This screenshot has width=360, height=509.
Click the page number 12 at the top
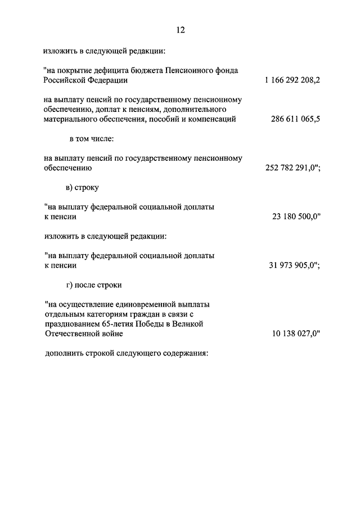coord(179,30)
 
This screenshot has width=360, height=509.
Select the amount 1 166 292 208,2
coord(292,80)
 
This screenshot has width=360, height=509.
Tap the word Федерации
coord(112,80)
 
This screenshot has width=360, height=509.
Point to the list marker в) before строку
coord(70,187)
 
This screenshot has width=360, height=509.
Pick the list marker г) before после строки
coord(70,285)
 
